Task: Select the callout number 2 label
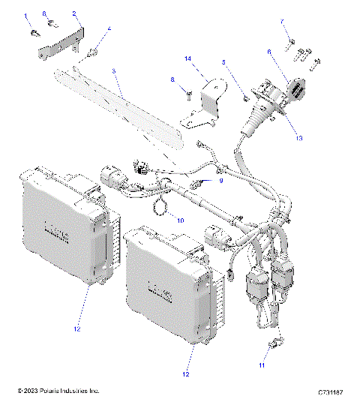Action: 73,13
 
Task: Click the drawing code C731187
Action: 329,392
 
